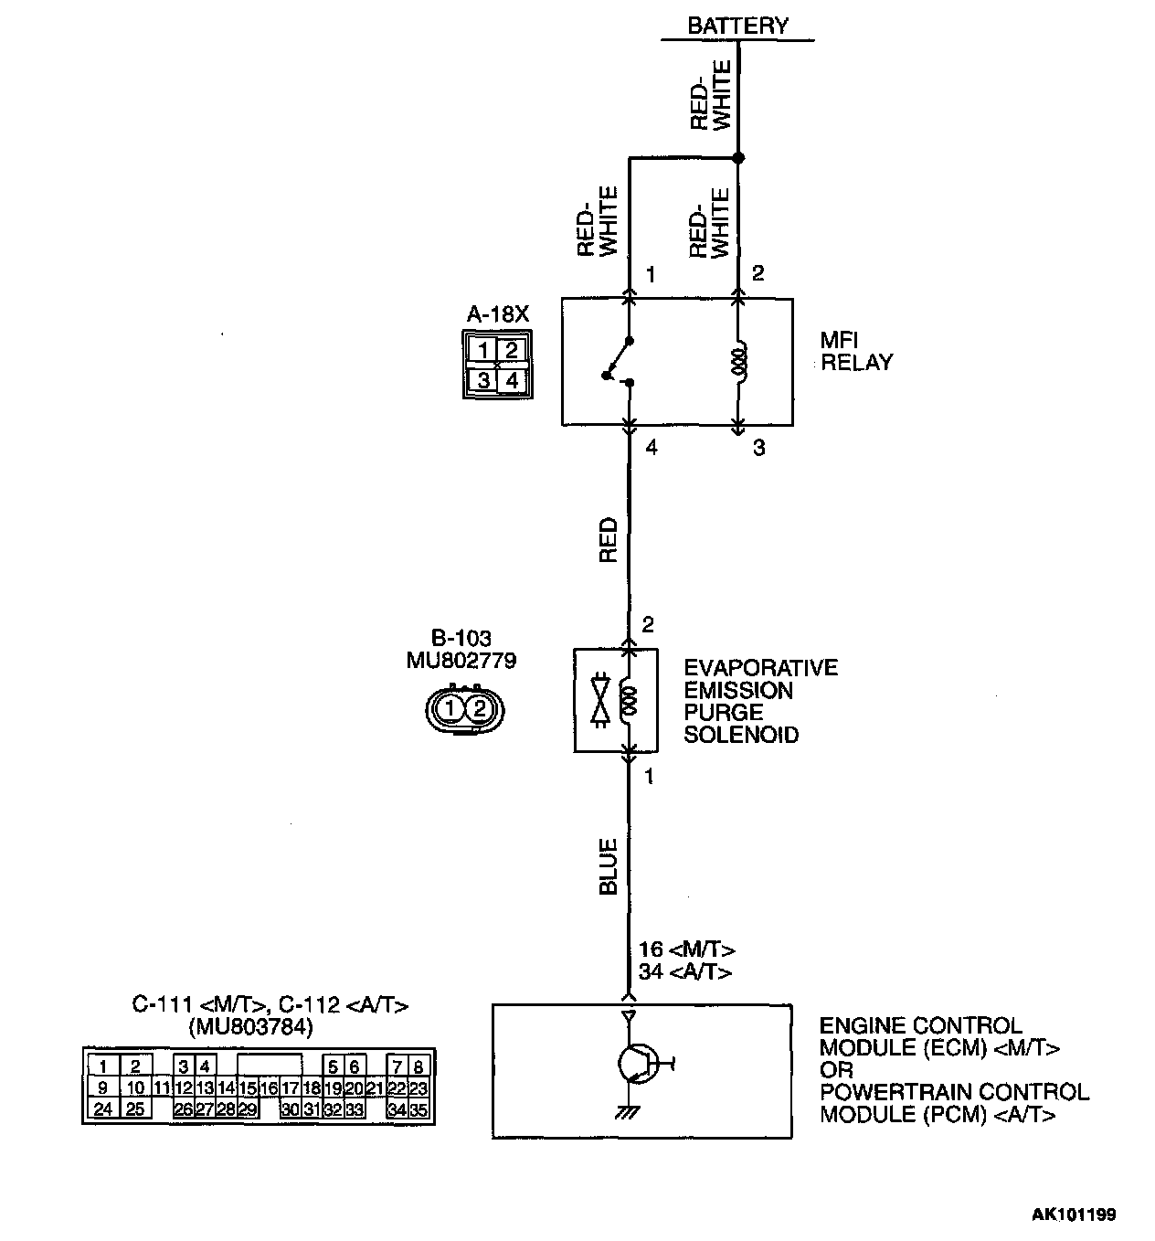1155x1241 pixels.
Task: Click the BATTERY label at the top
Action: (x=737, y=25)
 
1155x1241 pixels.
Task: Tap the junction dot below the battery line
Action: (x=738, y=158)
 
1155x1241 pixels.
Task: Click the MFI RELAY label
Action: (x=855, y=352)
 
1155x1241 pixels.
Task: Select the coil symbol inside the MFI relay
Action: (x=740, y=362)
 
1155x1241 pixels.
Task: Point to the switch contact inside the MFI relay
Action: (x=618, y=361)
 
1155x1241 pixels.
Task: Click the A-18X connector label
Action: (x=497, y=314)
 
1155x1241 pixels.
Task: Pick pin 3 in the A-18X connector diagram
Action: (x=483, y=380)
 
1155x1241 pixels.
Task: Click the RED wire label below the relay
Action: (x=609, y=540)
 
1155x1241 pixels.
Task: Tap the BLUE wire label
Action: (x=609, y=867)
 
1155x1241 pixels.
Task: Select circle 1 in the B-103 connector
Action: (x=449, y=709)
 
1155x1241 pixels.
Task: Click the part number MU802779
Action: (x=461, y=661)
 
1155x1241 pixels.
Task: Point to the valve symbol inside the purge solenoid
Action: (x=601, y=701)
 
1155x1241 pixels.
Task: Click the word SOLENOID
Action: (x=741, y=735)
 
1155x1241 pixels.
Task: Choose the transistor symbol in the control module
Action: (x=636, y=1065)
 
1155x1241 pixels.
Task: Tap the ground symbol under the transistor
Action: (x=627, y=1112)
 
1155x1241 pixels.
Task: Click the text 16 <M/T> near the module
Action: (x=686, y=950)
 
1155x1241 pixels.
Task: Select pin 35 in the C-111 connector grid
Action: (x=419, y=1110)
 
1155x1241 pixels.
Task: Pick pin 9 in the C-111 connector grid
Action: (x=102, y=1088)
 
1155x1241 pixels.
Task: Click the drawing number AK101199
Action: (x=1074, y=1214)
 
